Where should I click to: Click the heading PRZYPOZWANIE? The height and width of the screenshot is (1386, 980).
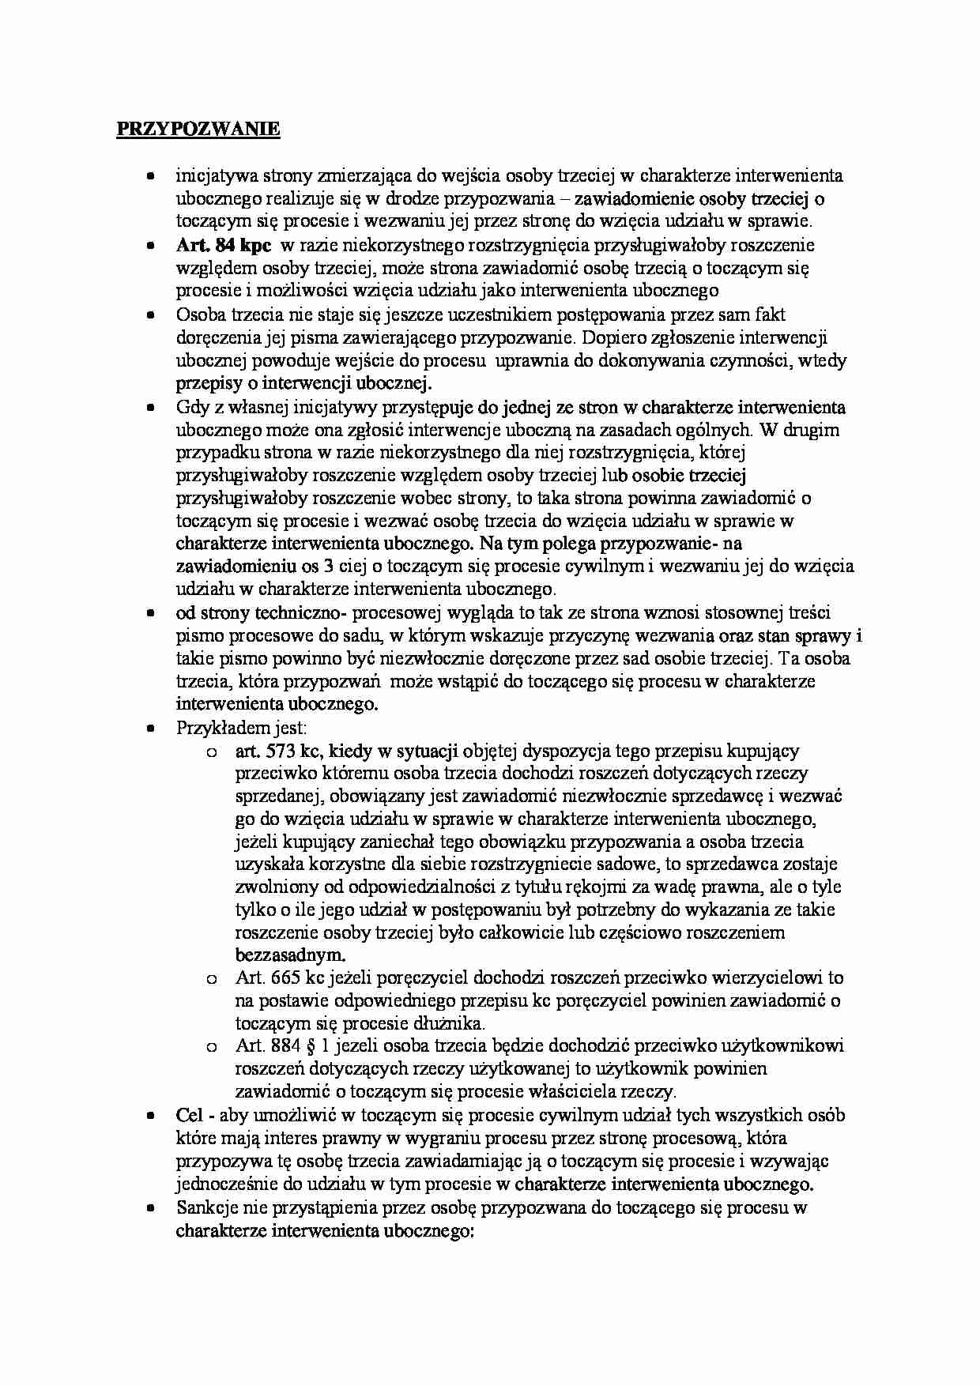198,130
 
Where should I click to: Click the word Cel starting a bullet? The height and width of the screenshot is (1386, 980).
190,1116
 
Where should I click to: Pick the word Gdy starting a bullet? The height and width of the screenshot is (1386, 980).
190,408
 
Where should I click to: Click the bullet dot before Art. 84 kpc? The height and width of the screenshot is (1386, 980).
149,247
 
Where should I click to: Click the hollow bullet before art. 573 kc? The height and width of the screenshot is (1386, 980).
211,752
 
